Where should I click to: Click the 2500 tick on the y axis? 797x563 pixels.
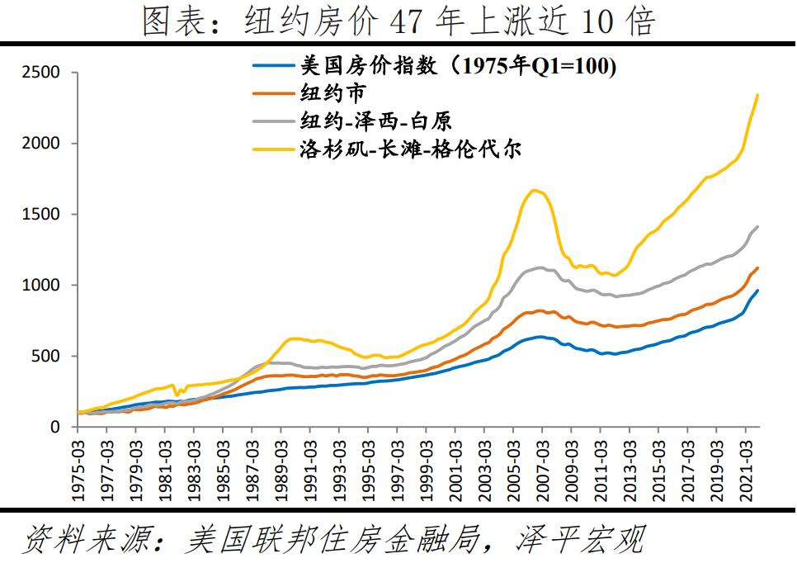[40, 73]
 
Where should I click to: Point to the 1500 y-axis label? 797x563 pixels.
[40, 215]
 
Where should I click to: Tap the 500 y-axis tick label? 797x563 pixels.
[45, 357]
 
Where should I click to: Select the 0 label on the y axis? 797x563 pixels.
[55, 427]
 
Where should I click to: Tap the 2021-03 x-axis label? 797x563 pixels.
[744, 467]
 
